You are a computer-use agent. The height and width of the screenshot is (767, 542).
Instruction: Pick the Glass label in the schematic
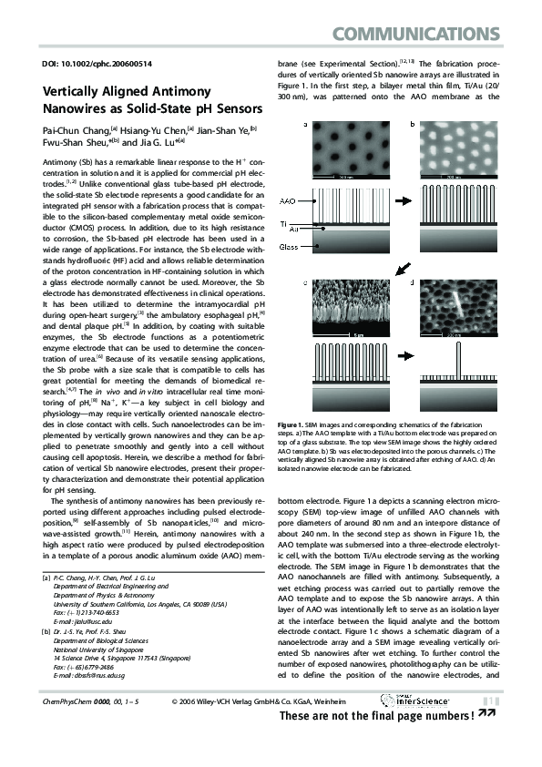pyautogui.click(x=288, y=246)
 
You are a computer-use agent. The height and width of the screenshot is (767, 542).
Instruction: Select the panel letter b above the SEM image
pyautogui.click(x=412, y=122)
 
